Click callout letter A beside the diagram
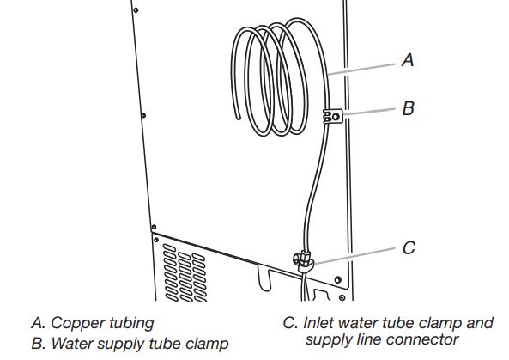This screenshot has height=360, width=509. point(408,60)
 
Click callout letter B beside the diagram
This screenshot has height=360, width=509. point(409,109)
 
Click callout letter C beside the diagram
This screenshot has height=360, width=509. point(409,248)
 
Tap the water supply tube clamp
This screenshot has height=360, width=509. point(333,114)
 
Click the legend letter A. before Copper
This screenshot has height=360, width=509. point(37,324)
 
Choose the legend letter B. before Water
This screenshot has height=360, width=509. point(37,344)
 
